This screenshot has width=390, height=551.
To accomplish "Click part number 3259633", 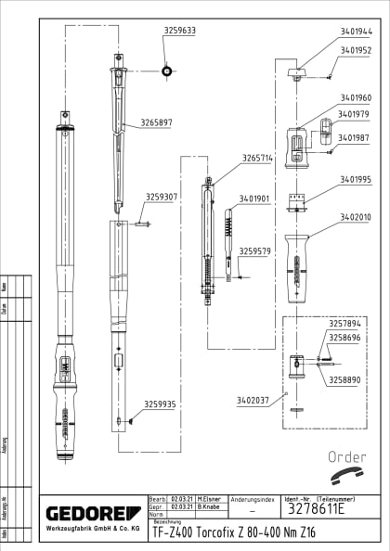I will pos(179,31).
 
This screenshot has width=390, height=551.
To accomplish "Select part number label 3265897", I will pos(156,122).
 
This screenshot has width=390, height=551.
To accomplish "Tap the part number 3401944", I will pos(355,31).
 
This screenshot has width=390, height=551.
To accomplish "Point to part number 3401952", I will pos(355,50).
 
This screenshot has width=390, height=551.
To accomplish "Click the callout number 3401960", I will pos(355,97).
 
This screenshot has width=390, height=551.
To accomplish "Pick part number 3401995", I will pos(355,179).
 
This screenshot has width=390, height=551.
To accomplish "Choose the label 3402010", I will pos(355,217).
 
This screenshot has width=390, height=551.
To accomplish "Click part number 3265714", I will pos(257,159).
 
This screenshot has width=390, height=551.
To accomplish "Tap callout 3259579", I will pos(254,250).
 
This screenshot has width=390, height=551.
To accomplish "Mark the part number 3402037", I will pos(253,400).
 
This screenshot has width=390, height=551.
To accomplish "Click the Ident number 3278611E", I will pos(314,509).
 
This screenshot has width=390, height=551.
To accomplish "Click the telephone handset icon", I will pos(349,476).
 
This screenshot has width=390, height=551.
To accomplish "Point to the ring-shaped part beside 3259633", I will pos(166,70).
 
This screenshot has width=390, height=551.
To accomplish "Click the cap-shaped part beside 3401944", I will pos(296,70).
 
